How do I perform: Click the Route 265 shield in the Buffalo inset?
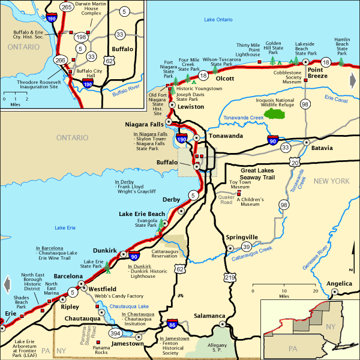[x=66, y=7]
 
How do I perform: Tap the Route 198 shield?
[x=80, y=37]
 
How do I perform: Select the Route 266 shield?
[x=60, y=60]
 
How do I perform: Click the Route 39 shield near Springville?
[x=246, y=247]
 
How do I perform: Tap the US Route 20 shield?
[x=294, y=162]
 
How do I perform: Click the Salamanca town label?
[x=209, y=316]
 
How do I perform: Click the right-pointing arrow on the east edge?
[x=352, y=80]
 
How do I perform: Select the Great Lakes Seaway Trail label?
[x=257, y=173]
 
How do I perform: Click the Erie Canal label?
[x=335, y=97]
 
